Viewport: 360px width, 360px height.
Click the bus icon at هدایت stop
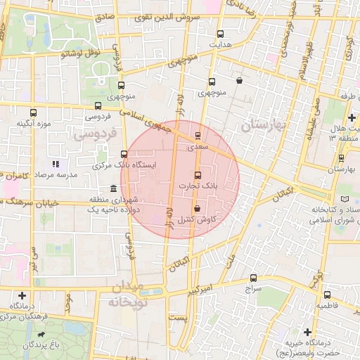(x=221, y=34)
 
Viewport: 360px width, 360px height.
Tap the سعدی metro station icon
(x=197, y=136)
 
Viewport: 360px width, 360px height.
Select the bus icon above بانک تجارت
(x=197, y=176)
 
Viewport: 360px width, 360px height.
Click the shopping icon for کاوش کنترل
(x=197, y=209)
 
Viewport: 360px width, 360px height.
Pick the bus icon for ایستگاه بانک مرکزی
(x=124, y=154)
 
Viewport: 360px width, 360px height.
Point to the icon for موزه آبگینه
(x=33, y=112)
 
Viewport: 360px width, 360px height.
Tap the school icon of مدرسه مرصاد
(x=56, y=164)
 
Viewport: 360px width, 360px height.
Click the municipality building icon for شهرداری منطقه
(x=114, y=188)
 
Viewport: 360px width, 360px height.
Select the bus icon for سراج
(x=253, y=278)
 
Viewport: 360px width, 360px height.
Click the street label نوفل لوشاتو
(x=81, y=52)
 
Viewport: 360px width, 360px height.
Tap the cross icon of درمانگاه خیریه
(x=307, y=331)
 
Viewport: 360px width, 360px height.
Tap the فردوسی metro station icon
(x=97, y=105)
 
